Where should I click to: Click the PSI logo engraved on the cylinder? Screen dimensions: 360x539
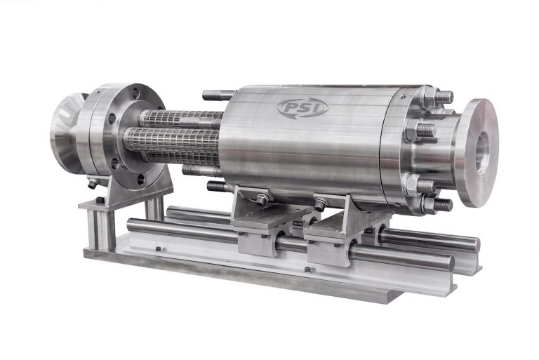(x=302, y=107)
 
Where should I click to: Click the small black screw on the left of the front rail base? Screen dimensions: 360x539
(x=159, y=251)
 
